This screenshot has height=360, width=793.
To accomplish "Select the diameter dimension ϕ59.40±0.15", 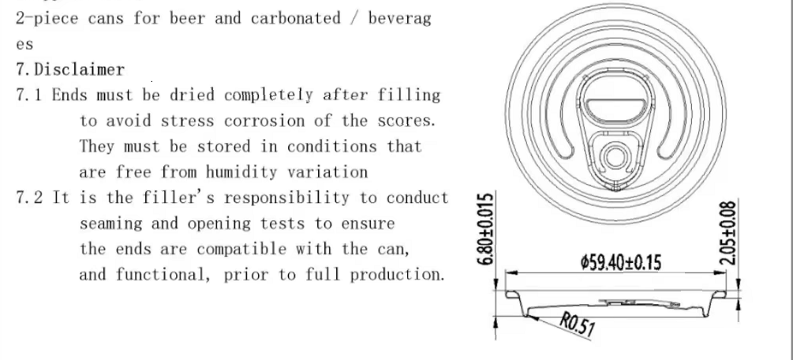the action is pyautogui.click(x=621, y=262).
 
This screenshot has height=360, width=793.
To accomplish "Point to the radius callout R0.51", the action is pyautogui.click(x=577, y=324).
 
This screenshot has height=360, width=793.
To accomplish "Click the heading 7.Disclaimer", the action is pyautogui.click(x=69, y=69).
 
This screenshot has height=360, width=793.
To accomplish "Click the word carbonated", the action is pyautogui.click(x=296, y=18).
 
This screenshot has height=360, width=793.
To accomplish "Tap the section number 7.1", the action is pyautogui.click(x=29, y=95).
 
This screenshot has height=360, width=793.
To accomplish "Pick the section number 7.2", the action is pyautogui.click(x=29, y=197).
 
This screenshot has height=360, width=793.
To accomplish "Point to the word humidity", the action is pyautogui.click(x=241, y=172).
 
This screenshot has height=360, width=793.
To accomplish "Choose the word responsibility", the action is pyautogui.click(x=286, y=198).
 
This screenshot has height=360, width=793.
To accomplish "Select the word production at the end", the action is pyautogui.click(x=397, y=275).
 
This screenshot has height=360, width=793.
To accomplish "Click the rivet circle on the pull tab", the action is pyautogui.click(x=615, y=157).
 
